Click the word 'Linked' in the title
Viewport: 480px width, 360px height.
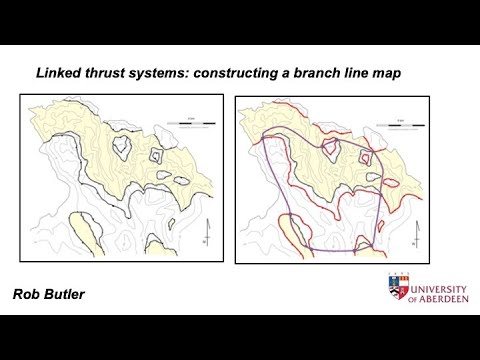(x=58, y=73)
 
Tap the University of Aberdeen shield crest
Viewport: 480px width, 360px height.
(x=397, y=288)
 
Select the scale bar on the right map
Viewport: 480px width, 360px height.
(x=405, y=126)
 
